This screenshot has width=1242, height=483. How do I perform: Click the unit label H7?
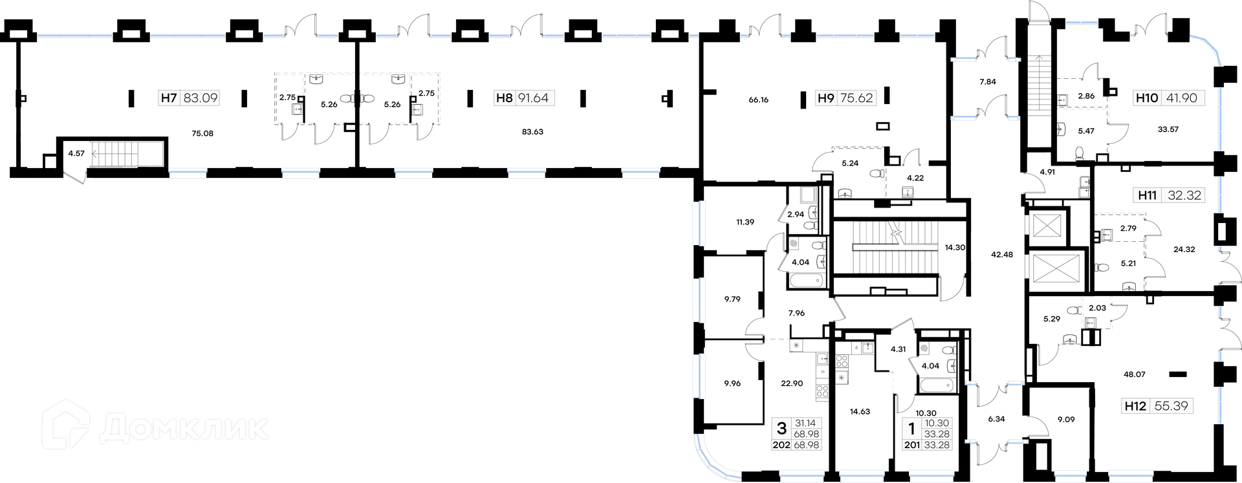[169, 98]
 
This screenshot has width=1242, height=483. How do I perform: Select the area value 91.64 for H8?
[533, 98]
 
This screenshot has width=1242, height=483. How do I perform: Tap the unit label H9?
[826, 98]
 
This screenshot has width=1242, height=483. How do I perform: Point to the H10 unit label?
[1147, 98]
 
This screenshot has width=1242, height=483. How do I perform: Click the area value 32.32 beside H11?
[1184, 195]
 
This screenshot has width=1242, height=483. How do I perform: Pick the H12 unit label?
[1135, 406]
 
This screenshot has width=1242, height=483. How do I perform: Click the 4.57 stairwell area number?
[76, 154]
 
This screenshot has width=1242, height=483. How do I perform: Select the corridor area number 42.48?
[1002, 255]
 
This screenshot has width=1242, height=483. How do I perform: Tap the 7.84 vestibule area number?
[988, 82]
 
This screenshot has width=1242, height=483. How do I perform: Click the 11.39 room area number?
[745, 222]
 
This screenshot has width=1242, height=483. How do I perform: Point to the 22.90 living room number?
[792, 383]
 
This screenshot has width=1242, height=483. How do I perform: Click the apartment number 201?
[911, 445]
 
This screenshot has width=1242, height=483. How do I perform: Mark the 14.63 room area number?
[860, 411]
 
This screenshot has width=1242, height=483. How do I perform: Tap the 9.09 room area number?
[1066, 420]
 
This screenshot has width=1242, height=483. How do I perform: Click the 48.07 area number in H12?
[1135, 374]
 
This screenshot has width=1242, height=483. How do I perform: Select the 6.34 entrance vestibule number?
[997, 419]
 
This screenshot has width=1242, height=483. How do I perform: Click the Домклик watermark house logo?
[66, 425]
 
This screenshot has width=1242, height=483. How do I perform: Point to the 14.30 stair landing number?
[955, 248]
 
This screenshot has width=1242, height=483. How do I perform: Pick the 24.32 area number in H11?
[1184, 250]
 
